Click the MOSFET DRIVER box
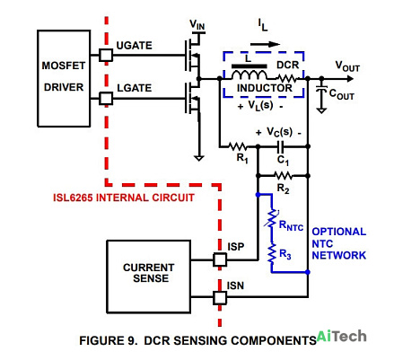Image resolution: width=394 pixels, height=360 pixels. click(64, 78)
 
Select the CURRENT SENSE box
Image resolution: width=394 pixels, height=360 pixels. click(149, 277)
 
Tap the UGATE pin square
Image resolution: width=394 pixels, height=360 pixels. click(106, 55)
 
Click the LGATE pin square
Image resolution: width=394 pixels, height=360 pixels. click(106, 98)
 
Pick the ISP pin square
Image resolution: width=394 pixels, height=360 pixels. click(220, 259)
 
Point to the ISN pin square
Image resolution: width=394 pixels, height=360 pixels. click(220, 298)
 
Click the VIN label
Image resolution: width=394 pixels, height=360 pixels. click(197, 25)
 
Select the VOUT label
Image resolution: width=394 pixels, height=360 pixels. click(347, 66)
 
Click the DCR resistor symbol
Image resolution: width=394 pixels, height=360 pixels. click(286, 79)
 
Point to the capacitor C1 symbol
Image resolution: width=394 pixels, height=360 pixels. click(281, 146)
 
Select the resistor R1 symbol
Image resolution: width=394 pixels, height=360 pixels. click(238, 146)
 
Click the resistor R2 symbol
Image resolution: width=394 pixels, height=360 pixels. click(283, 176)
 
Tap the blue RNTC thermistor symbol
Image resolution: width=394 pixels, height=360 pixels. click(272, 219)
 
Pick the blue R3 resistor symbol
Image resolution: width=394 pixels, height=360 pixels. click(272, 253)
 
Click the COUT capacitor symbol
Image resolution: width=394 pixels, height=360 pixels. click(321, 89)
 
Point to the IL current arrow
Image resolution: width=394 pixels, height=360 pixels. click(265, 44)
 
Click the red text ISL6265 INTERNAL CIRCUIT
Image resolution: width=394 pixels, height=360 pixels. click(124, 198)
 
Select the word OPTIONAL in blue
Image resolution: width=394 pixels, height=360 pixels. click(339, 232)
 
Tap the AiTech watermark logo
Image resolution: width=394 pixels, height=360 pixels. click(341, 337)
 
